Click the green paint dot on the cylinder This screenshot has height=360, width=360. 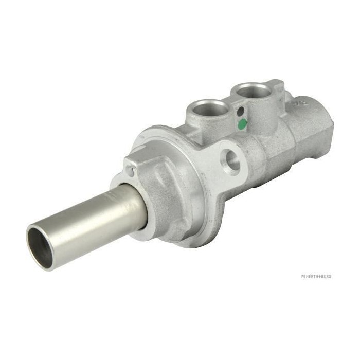(x=242, y=124)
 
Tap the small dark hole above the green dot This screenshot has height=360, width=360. (x=240, y=112)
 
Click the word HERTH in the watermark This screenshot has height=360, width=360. (x=312, y=277)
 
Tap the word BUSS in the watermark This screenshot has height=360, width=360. (x=326, y=277)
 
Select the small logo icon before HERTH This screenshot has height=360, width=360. (x=302, y=277)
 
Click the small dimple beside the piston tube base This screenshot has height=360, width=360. (x=130, y=172)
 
